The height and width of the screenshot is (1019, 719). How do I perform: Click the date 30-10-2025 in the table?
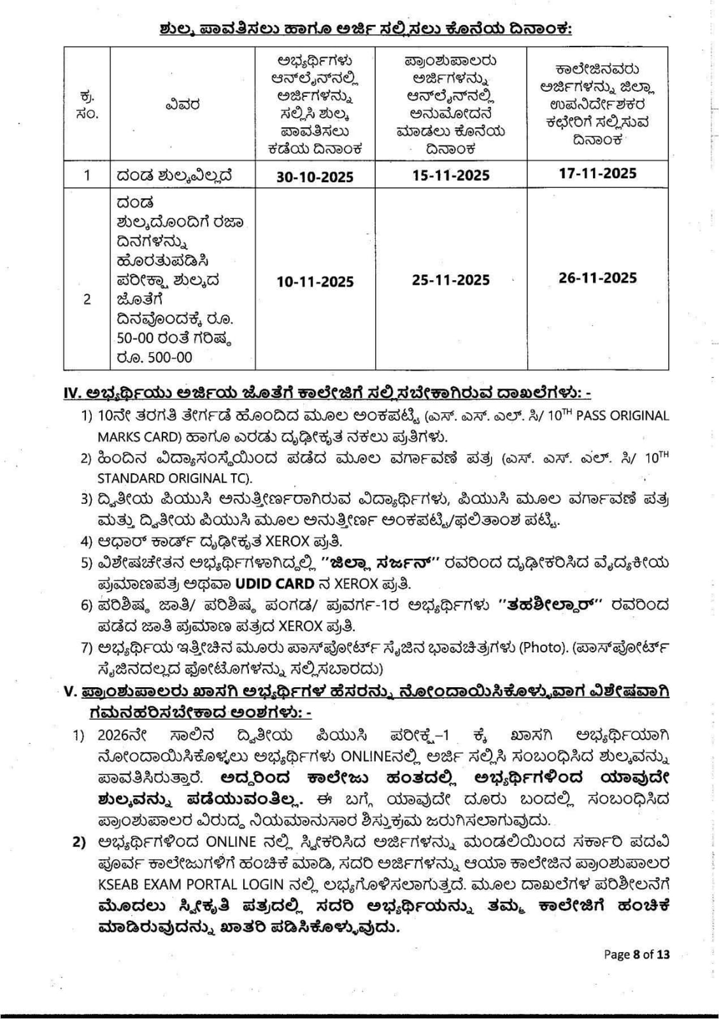click(315, 176)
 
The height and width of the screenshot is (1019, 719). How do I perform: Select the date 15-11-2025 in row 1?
click(451, 175)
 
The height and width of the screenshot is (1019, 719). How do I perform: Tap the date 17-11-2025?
click(597, 173)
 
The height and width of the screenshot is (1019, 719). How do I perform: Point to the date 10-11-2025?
click(315, 281)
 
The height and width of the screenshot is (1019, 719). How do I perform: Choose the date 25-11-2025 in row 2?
click(451, 280)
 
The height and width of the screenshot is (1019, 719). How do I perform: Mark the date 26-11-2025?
click(597, 278)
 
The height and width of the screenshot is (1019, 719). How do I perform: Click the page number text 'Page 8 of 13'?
click(636, 954)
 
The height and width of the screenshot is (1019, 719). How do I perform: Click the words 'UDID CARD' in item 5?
click(274, 583)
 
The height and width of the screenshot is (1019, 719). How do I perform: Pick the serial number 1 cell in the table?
click(87, 175)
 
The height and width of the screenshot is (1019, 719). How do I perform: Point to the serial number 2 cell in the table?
click(87, 299)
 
